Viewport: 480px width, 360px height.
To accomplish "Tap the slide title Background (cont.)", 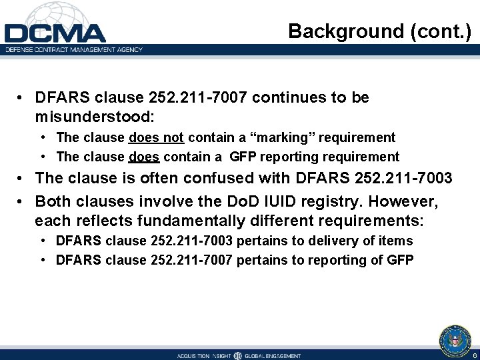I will tap(379, 31).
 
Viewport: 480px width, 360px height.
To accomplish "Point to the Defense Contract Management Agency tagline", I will tap(74, 49).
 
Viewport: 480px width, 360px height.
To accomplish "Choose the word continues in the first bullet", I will tap(284, 97).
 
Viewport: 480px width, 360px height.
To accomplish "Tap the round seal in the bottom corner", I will tap(455, 339).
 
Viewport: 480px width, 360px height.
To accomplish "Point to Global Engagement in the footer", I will tap(273, 356).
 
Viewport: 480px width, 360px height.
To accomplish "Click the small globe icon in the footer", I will tap(238, 356).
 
